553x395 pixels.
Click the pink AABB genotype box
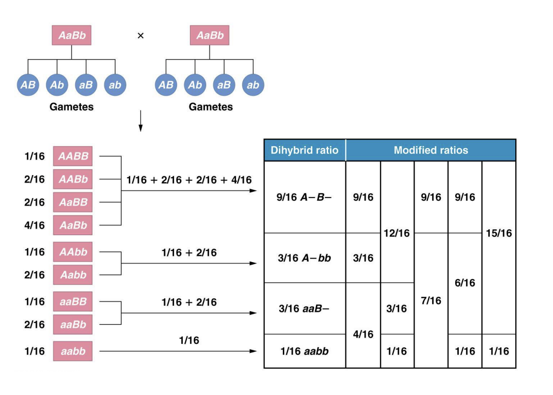tap(73, 157)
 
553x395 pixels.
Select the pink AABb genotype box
tap(73, 180)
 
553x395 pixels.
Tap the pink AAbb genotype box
tap(73, 252)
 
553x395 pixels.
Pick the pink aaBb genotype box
tap(73, 324)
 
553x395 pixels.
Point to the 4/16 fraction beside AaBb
tap(35, 225)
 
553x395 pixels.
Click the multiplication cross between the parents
tap(140, 35)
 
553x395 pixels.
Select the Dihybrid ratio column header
tap(304, 150)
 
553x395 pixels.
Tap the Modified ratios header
tap(430, 150)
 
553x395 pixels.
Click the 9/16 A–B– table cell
tap(304, 197)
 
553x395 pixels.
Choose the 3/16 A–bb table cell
tap(304, 258)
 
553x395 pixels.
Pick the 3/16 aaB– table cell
tap(304, 309)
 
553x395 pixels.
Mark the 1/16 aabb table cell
tap(304, 351)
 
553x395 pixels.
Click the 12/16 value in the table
tap(397, 233)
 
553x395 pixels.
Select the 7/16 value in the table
tap(431, 300)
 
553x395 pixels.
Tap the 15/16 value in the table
tap(499, 233)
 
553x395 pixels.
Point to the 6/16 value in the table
tap(465, 283)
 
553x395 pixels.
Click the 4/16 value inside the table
tap(363, 334)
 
